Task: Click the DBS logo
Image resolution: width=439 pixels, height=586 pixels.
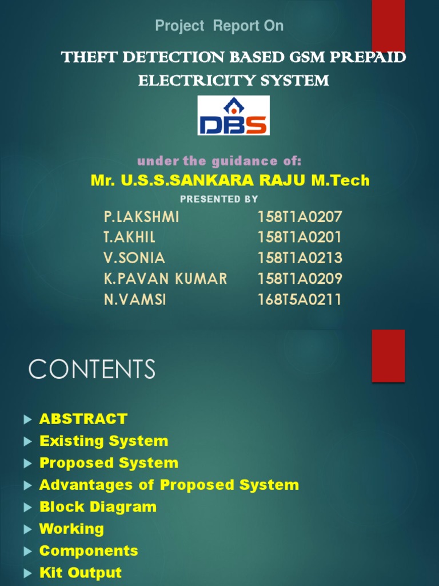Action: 233,115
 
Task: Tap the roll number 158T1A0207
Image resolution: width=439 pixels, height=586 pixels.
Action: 300,217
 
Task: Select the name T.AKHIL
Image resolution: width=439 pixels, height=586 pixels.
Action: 130,237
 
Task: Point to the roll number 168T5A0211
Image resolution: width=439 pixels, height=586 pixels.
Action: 300,299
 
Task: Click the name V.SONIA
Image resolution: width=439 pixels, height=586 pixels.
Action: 134,258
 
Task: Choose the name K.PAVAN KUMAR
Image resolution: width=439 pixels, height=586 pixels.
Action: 166,279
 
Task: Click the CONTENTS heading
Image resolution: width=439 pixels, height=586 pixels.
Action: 92,369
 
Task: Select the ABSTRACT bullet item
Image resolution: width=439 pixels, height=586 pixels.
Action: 83,419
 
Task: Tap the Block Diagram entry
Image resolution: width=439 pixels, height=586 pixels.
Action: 98,507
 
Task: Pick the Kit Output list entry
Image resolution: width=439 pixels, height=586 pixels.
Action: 81,573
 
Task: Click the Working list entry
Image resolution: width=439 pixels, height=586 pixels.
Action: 71,529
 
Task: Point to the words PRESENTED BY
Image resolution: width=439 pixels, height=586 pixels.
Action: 219,199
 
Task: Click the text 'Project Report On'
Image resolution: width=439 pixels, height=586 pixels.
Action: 219,26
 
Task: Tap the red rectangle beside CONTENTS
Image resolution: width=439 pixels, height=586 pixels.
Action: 388,355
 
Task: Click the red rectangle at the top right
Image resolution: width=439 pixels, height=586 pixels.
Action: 388,26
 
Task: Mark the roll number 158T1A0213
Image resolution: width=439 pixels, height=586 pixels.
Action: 300,258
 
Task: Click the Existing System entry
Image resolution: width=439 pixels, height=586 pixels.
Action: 103,441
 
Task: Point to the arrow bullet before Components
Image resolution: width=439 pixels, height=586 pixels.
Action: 27,552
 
